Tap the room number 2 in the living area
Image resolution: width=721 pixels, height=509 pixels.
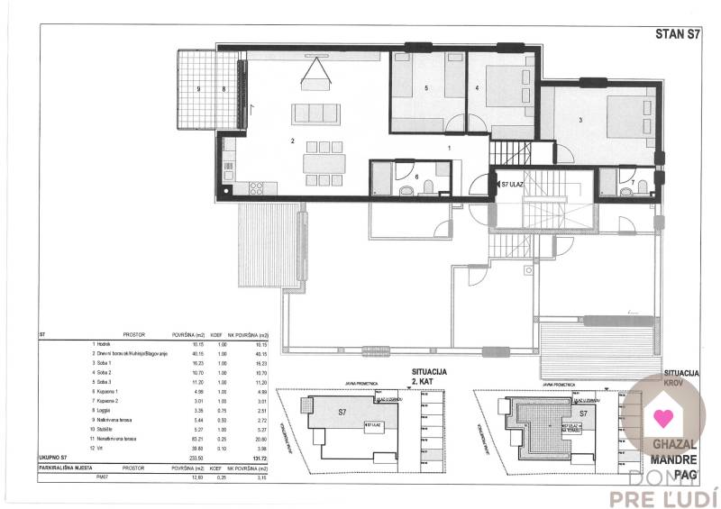(x=292, y=141)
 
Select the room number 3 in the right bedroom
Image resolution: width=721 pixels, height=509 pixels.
(x=581, y=120)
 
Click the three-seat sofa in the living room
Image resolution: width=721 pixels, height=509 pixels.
(x=315, y=114)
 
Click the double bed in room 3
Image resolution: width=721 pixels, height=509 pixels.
(x=625, y=115)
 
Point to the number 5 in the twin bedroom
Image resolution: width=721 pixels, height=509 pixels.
(x=425, y=88)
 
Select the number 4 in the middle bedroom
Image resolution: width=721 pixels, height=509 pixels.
(x=478, y=88)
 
